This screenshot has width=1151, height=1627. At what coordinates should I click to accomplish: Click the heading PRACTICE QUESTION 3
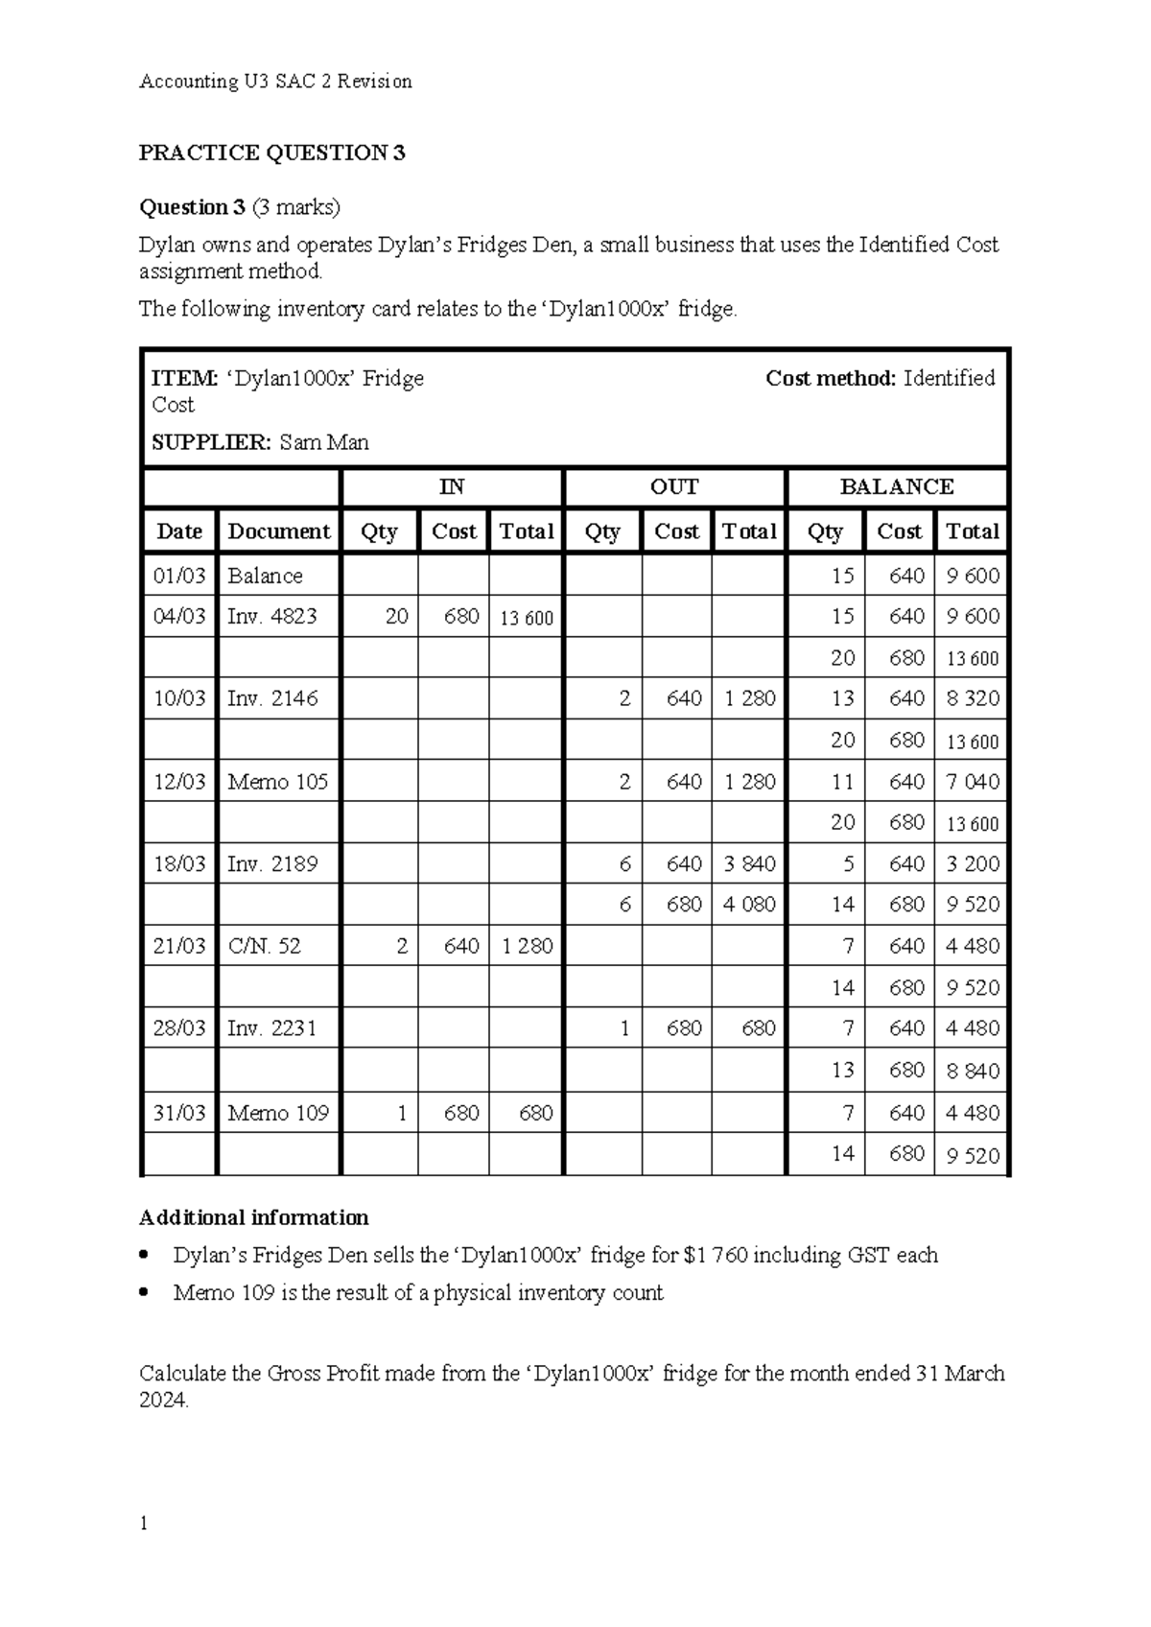(272, 153)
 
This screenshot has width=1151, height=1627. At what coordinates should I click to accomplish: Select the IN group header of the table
(452, 487)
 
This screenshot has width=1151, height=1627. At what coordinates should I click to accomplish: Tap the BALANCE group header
(897, 487)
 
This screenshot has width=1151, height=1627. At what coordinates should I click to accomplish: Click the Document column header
(278, 531)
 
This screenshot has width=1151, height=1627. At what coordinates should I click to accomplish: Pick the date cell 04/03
(179, 617)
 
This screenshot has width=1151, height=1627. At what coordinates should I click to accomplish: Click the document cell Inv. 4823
(272, 617)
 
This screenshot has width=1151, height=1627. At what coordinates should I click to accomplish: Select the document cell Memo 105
(277, 782)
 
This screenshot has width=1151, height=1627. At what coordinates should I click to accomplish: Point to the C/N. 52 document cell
(264, 946)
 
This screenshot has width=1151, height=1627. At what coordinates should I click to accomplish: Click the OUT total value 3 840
(749, 864)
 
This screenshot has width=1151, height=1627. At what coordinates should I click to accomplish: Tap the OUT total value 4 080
(749, 905)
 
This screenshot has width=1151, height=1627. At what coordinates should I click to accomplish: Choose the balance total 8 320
(973, 699)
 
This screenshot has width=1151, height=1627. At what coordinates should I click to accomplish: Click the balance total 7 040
(973, 782)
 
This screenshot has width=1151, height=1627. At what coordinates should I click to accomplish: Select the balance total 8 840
(973, 1071)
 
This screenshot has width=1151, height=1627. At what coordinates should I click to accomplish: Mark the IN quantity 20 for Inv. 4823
(396, 617)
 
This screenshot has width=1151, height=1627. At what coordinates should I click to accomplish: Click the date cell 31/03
(179, 1113)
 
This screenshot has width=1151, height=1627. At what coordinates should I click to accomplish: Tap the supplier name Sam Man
(324, 442)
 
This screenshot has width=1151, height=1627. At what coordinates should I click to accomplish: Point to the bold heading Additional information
(254, 1218)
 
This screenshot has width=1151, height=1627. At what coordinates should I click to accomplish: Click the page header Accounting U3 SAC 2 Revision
(275, 82)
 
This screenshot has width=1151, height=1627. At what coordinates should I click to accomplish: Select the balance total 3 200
(973, 864)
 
